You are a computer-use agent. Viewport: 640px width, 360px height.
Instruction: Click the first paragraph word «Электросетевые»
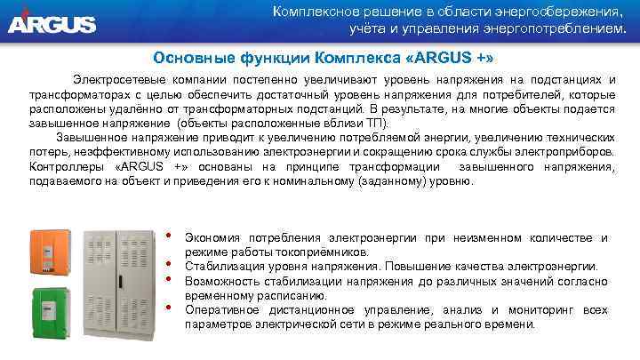114,80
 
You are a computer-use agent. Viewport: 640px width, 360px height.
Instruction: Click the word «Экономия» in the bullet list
213,238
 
